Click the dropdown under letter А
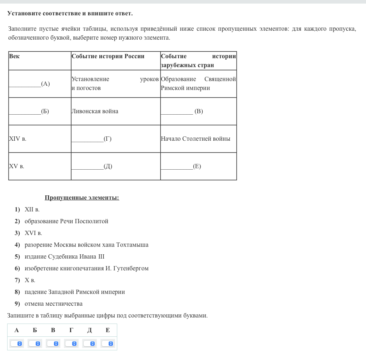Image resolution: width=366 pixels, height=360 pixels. (16, 344)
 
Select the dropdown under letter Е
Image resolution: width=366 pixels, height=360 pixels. (108, 344)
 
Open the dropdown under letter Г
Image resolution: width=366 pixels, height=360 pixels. (71, 344)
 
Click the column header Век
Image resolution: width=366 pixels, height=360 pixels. (14, 56)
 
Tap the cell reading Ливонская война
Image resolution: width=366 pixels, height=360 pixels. (95, 111)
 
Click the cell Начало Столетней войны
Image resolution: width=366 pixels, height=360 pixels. (196, 139)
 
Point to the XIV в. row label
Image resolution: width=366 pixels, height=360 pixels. (18, 139)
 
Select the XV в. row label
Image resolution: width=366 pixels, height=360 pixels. (17, 166)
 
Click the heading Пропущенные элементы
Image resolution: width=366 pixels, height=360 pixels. (82, 198)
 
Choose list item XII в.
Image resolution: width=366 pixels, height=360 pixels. (32, 210)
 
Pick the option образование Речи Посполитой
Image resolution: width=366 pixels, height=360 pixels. (66, 221)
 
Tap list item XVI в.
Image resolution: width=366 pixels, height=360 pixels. (33, 233)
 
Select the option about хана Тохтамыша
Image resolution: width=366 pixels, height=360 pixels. (86, 245)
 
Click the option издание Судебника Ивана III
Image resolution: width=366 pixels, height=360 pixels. (64, 257)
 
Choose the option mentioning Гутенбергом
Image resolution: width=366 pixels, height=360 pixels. (86, 269)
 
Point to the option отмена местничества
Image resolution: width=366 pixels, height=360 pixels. (53, 304)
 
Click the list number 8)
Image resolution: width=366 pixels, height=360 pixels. (17, 292)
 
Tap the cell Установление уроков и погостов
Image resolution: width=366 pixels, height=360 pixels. (115, 84)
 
